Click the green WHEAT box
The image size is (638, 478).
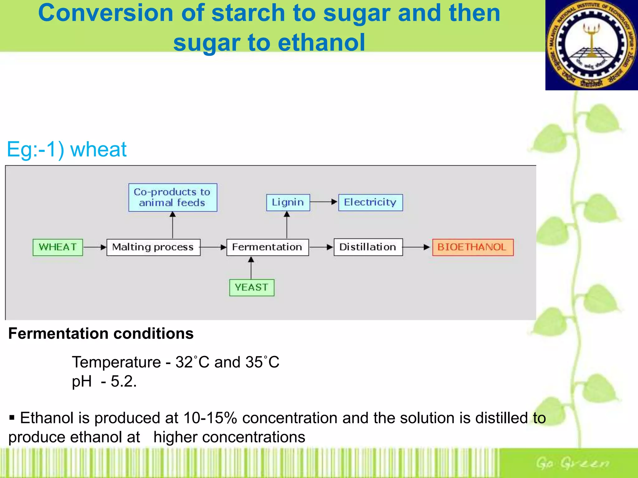(58, 247)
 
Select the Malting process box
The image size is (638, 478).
(153, 247)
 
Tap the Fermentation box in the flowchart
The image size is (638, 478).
(267, 247)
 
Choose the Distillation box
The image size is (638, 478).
(368, 247)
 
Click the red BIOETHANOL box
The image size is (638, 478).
(473, 247)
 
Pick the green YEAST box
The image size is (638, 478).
(252, 288)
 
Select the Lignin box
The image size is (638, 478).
(288, 203)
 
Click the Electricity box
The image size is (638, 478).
(370, 203)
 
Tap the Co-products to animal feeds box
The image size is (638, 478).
(173, 198)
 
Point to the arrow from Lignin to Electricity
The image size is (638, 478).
(324, 202)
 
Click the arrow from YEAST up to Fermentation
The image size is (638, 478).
(251, 268)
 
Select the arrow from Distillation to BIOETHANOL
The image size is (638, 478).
(417, 247)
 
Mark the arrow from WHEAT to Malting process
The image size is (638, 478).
(95, 247)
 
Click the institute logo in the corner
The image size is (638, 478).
(591, 45)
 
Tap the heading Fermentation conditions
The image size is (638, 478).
(101, 334)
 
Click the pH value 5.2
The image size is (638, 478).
(123, 382)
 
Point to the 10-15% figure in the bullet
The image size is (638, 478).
(210, 418)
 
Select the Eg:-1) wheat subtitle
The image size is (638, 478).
(67, 149)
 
